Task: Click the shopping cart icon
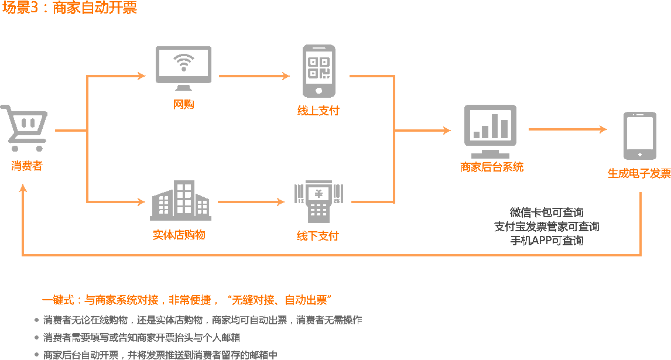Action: [x=25, y=128]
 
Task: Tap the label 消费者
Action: [x=27, y=166]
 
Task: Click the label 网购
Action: [x=183, y=104]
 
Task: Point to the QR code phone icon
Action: [x=319, y=71]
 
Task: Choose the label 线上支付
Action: [x=318, y=111]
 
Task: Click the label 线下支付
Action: [x=317, y=236]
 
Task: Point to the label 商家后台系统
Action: [x=492, y=167]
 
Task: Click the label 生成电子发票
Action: [x=639, y=173]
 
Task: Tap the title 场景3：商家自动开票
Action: [x=70, y=9]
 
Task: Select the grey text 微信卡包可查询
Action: [x=546, y=212]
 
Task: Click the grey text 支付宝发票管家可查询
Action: [x=546, y=227]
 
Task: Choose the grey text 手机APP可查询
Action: [x=546, y=241]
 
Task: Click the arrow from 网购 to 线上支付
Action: [x=254, y=76]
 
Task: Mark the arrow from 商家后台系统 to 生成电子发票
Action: [x=567, y=129]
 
